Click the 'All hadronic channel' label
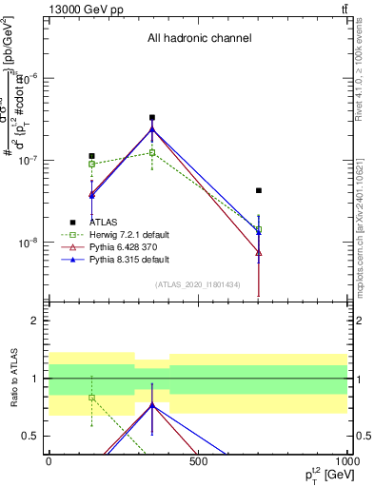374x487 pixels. (199, 39)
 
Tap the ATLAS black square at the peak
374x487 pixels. (152, 118)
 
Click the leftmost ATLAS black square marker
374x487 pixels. (91, 156)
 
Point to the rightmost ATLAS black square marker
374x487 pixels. (258, 190)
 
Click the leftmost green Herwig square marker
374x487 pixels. (91, 164)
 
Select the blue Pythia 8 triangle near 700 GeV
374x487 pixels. (258, 230)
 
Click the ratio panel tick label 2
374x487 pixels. (39, 321)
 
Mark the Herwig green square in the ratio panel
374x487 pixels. (91, 398)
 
